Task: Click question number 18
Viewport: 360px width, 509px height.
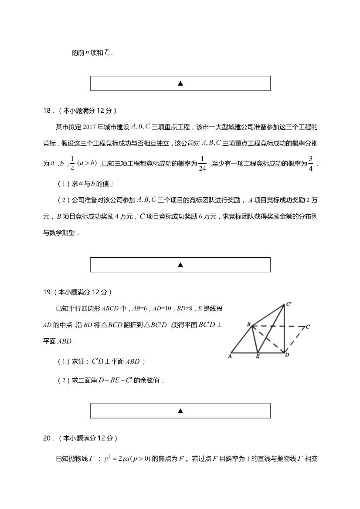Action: pos(47,111)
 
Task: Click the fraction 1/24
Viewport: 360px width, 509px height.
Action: pos(202,164)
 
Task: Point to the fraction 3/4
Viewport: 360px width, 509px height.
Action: pos(311,164)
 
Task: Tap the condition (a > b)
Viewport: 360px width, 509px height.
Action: pos(88,163)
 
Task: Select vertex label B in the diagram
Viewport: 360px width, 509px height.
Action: pos(248,324)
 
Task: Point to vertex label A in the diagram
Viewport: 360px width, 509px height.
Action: pos(230,357)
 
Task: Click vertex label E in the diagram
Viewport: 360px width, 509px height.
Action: pos(258,357)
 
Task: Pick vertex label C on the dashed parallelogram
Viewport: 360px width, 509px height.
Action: pos(308,326)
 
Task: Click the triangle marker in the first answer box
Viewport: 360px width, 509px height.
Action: pos(180,83)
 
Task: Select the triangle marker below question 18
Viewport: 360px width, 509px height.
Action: pos(180,265)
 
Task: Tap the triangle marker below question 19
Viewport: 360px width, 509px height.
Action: pos(180,411)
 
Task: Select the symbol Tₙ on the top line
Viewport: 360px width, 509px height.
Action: pos(108,53)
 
